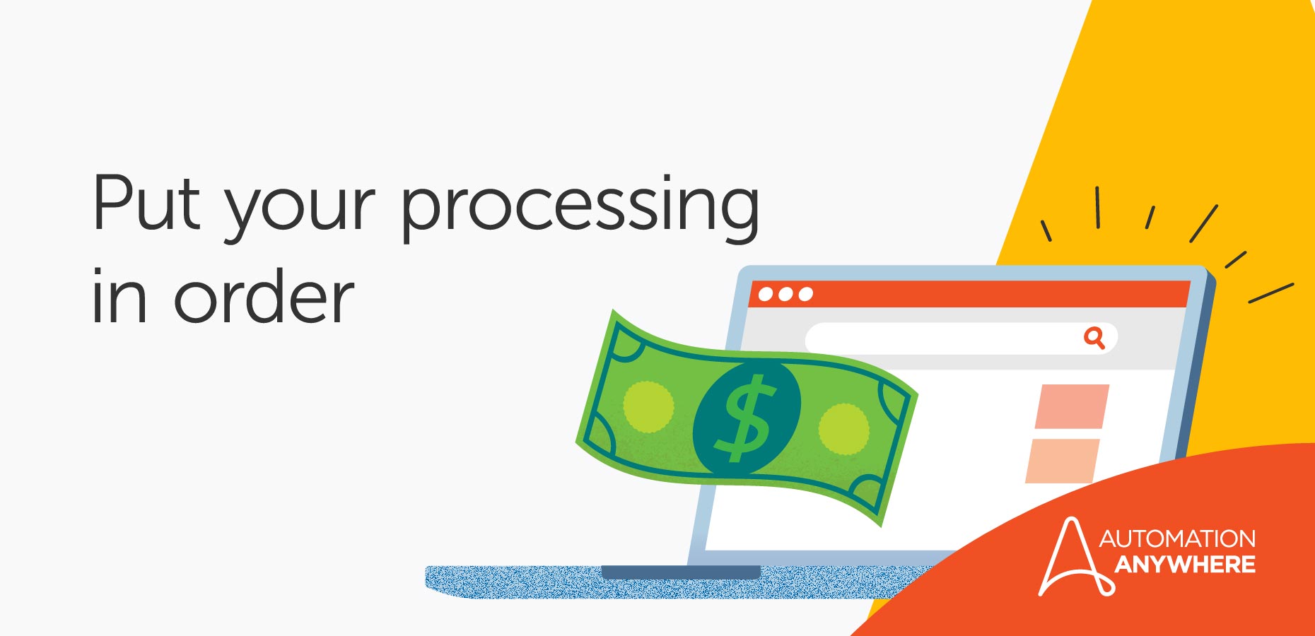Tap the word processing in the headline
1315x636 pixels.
coord(580,209)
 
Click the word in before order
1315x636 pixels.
coord(119,298)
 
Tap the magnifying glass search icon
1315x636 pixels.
coord(1094,338)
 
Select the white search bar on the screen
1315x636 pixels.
coord(940,338)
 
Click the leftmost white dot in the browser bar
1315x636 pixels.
coord(765,294)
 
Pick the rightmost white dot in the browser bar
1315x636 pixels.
coord(805,294)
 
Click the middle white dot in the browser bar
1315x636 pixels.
coord(785,294)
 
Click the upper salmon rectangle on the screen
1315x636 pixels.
coord(1072,406)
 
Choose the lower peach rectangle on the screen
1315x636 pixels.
coord(1063,461)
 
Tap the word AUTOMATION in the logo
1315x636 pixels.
coord(1177,539)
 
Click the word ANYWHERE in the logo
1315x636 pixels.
coord(1185,565)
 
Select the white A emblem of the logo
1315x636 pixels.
coord(1070,558)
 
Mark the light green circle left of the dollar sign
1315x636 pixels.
coord(648,407)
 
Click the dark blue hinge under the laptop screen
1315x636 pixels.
coord(680,572)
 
